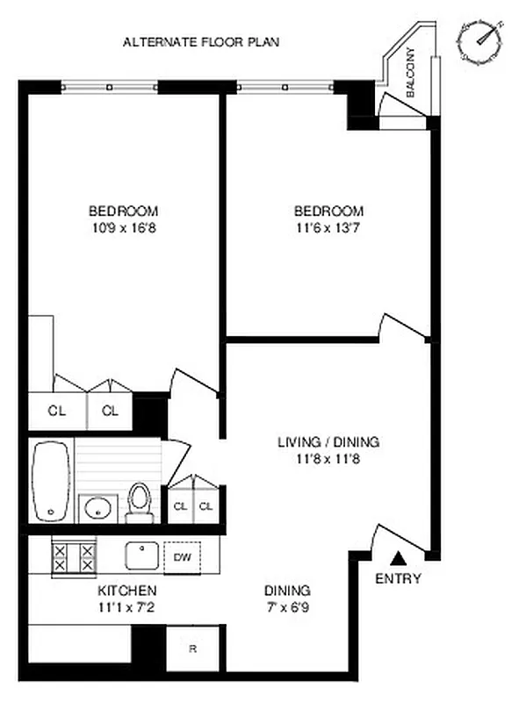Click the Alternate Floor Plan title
click(201, 41)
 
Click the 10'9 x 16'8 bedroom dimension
click(123, 228)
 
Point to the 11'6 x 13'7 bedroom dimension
click(328, 228)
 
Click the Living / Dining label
click(328, 442)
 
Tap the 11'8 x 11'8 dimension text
click(328, 458)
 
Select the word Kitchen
click(127, 590)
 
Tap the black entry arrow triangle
click(398, 556)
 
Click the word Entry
click(398, 578)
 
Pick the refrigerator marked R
click(192, 649)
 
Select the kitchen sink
click(141, 555)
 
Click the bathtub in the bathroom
click(52, 482)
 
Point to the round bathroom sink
click(97, 506)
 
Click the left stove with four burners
click(75, 557)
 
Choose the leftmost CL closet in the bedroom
click(57, 411)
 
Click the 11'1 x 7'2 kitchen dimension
click(127, 606)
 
